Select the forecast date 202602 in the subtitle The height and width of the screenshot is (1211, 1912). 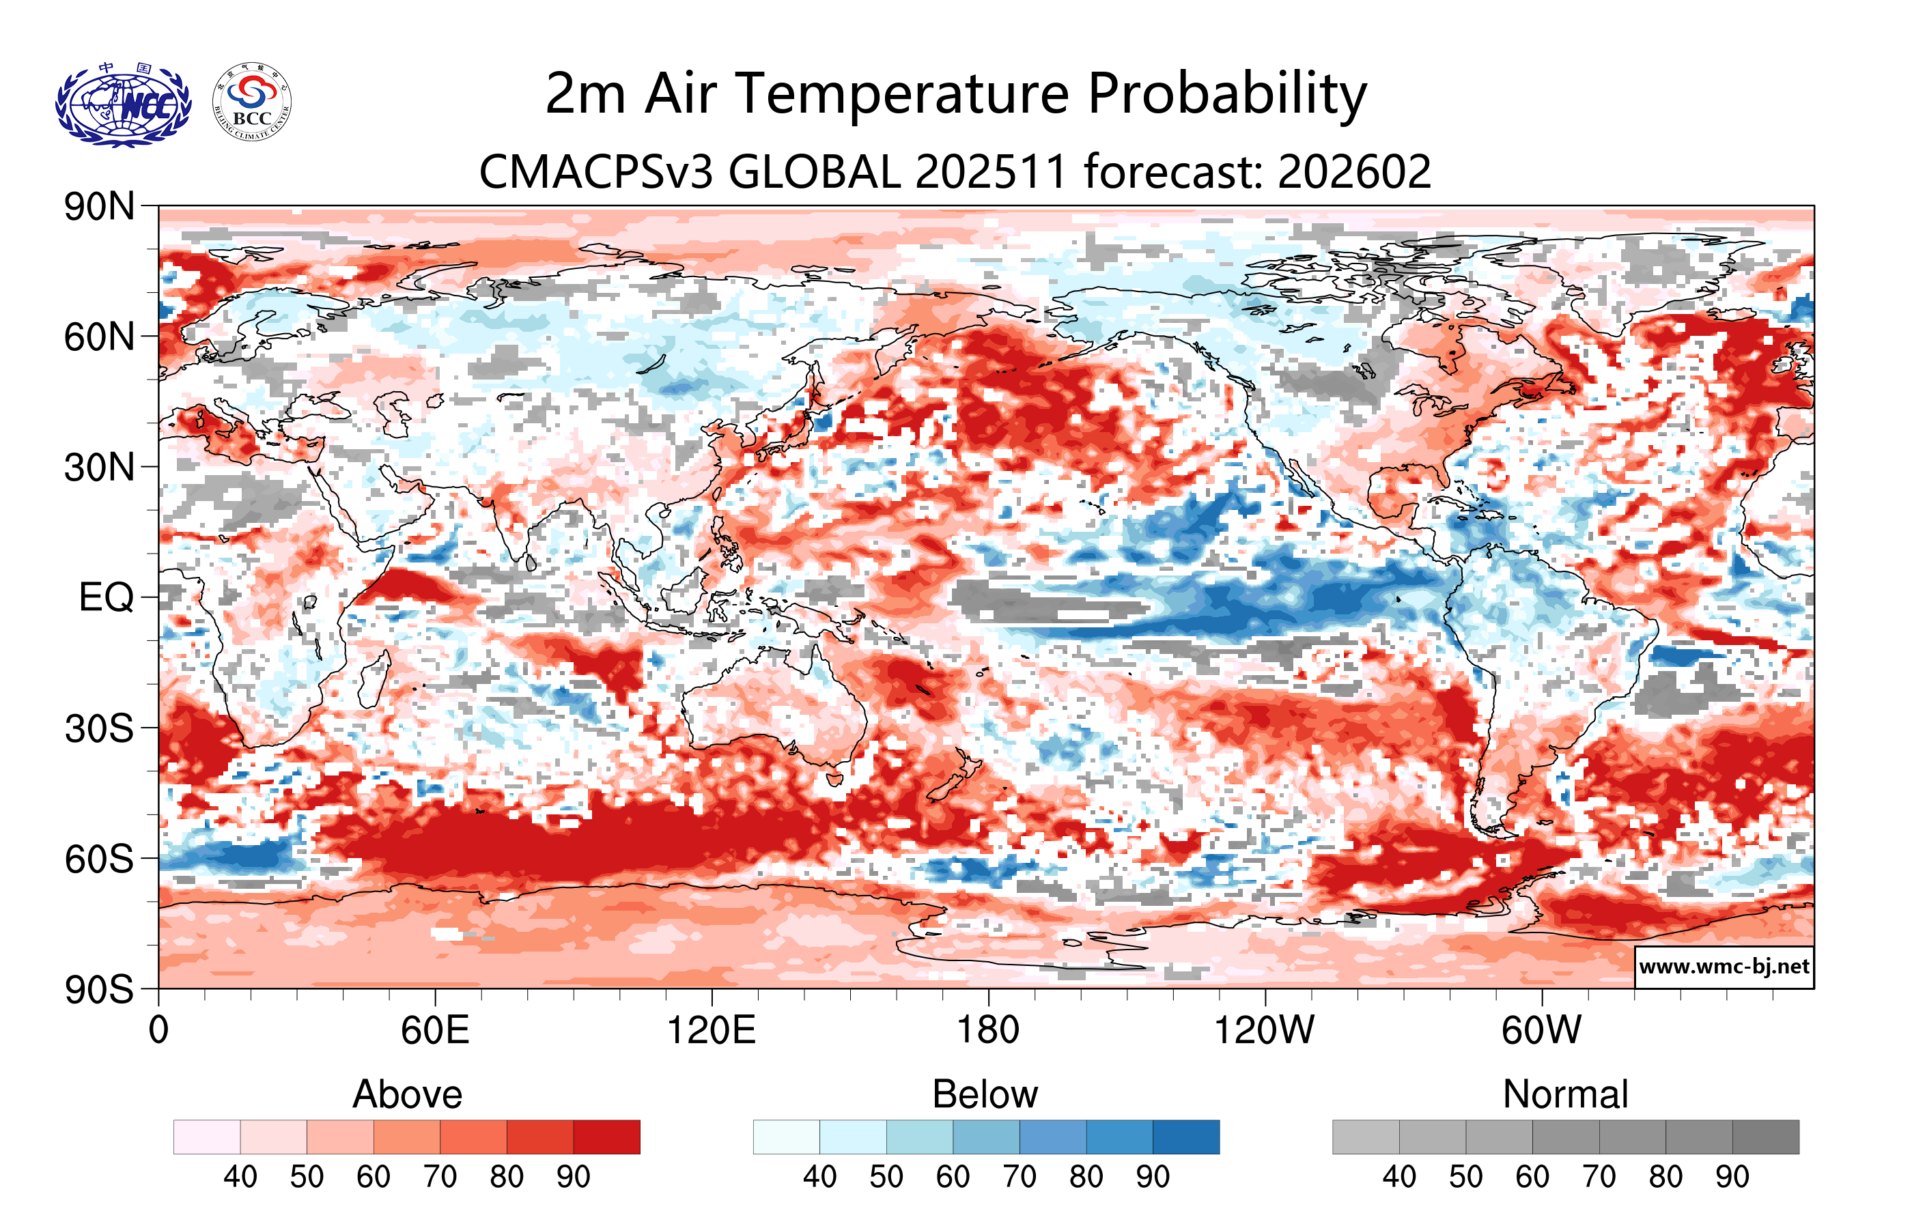[1354, 171]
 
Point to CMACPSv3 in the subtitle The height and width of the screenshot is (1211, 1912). [595, 171]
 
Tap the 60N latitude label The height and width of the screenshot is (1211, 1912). [99, 337]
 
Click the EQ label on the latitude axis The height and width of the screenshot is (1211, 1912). [107, 597]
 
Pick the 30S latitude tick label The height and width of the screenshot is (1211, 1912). [99, 728]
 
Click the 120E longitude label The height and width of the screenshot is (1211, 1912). [711, 1031]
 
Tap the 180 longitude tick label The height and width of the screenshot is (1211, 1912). [988, 1031]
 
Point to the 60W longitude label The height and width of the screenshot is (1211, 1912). [1541, 1031]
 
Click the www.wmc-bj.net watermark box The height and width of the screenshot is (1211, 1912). [1724, 967]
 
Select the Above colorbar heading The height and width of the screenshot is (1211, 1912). [408, 1094]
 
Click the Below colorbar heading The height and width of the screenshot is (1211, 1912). [985, 1094]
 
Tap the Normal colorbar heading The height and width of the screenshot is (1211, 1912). [1565, 1094]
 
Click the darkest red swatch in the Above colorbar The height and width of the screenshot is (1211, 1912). [606, 1137]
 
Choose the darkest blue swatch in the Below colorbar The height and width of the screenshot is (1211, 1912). [1185, 1137]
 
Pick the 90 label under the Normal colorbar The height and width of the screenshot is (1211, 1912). [1732, 1176]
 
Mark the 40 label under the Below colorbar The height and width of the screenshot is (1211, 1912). [819, 1176]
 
